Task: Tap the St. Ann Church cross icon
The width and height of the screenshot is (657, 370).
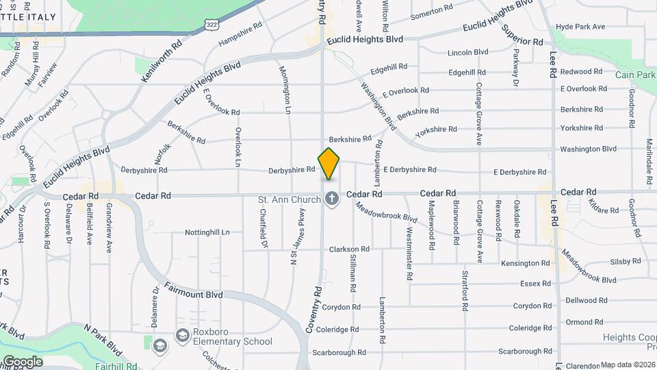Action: point(331,199)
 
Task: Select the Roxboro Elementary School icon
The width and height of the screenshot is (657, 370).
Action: point(182,336)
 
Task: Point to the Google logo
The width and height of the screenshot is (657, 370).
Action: point(23,361)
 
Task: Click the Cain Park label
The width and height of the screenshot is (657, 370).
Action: point(635,75)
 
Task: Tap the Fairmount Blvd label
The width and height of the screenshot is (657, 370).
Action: point(194,294)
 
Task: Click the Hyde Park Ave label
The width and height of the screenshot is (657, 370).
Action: point(580,27)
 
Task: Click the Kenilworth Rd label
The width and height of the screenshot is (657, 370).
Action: point(162,61)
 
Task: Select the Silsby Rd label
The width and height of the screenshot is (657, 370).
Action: point(626,261)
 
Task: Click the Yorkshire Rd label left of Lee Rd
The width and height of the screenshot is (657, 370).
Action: point(436,129)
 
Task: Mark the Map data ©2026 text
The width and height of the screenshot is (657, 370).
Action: point(628,365)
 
